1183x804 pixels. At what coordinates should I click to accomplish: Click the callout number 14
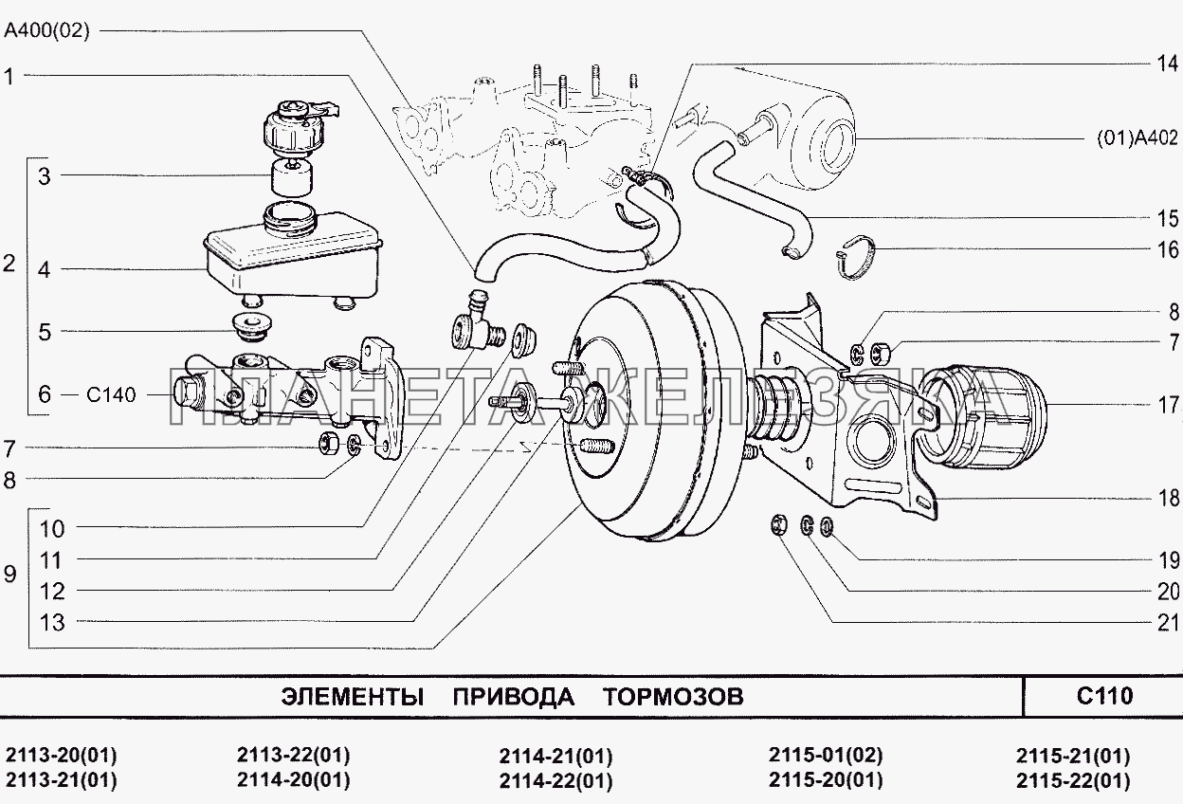click(x=1166, y=64)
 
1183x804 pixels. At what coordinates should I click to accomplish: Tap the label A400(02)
click(x=46, y=31)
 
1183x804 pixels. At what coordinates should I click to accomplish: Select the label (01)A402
click(x=1137, y=138)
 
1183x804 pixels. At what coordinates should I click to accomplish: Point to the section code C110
click(x=1104, y=697)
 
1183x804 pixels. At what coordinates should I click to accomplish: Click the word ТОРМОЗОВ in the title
click(x=673, y=698)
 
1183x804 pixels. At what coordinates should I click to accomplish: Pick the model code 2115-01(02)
click(x=825, y=756)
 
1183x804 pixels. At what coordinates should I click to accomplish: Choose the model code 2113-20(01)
click(x=61, y=756)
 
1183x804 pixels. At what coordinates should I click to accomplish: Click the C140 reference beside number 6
click(x=112, y=394)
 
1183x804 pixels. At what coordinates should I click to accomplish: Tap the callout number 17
click(x=1167, y=406)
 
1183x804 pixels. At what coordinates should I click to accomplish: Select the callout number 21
click(x=1167, y=622)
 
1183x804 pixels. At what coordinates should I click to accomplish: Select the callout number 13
click(x=52, y=622)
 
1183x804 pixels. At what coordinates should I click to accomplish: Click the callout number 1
click(x=10, y=77)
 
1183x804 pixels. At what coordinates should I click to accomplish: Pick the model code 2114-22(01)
click(x=555, y=781)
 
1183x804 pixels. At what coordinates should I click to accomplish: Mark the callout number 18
click(x=1167, y=497)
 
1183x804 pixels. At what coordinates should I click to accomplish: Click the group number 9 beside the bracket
click(x=10, y=575)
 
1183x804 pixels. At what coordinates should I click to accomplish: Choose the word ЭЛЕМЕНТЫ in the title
click(x=352, y=698)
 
